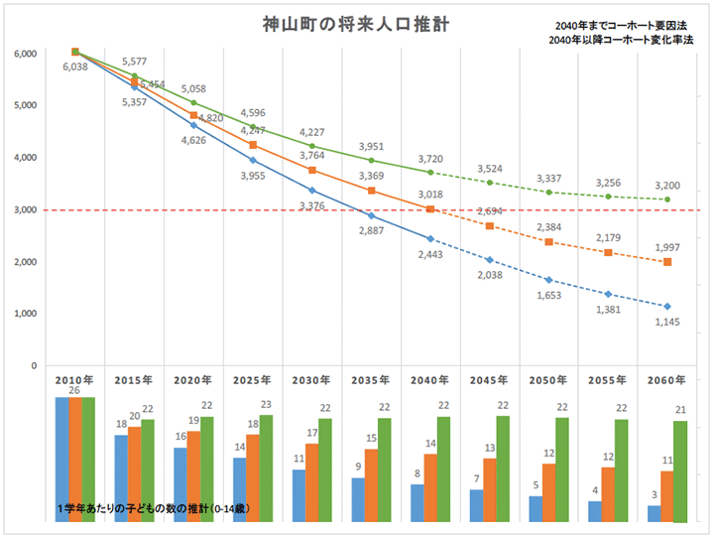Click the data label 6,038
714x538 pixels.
tap(75, 67)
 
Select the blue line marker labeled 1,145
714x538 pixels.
tap(667, 306)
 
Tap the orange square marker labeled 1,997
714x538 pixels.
tap(667, 262)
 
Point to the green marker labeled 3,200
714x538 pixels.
tap(667, 200)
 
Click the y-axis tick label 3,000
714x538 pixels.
tap(25, 209)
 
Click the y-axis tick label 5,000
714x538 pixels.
tap(25, 105)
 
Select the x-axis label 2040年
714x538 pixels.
tap(430, 379)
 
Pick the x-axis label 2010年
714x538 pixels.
tap(74, 379)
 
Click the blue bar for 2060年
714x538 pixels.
tap(654, 513)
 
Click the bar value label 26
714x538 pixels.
tap(75, 391)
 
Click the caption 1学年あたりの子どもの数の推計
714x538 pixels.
tap(153, 508)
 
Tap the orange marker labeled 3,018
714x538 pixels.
tap(430, 208)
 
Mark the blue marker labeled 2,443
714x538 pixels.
tap(430, 239)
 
